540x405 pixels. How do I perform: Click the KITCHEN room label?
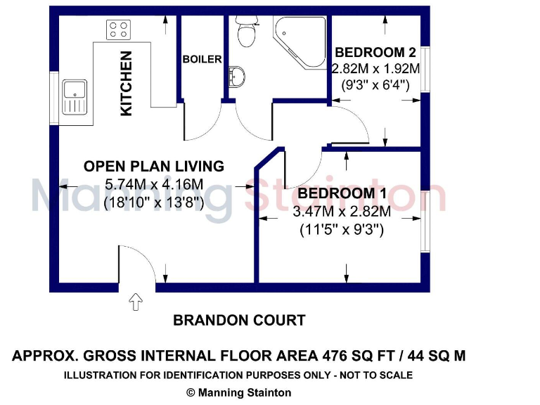coord(127,84)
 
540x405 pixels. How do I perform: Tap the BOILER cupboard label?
coord(202,60)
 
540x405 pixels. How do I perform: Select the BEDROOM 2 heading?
coord(375,53)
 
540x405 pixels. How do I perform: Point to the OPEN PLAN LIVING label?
coord(154,167)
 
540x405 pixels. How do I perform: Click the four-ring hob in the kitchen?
coord(118,30)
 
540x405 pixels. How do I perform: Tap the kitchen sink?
coord(74,97)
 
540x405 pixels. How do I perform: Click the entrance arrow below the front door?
coord(136,302)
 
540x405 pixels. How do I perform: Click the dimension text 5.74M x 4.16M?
coord(154,185)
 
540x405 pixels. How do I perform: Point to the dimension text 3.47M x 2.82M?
coord(342,212)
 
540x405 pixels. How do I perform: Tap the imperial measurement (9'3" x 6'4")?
coord(375,85)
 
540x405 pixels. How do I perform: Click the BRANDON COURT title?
coord(239,321)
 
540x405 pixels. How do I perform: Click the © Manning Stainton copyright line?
coord(238,393)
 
